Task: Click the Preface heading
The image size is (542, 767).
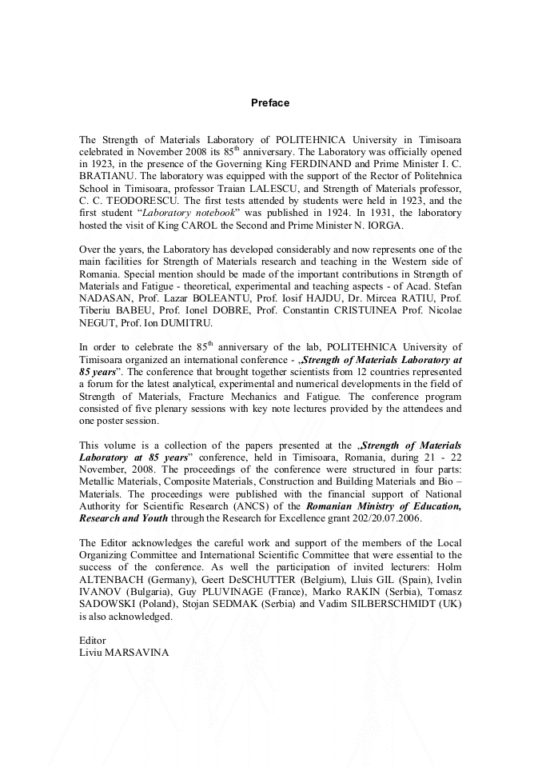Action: [270, 103]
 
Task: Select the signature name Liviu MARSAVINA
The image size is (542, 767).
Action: [123, 653]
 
